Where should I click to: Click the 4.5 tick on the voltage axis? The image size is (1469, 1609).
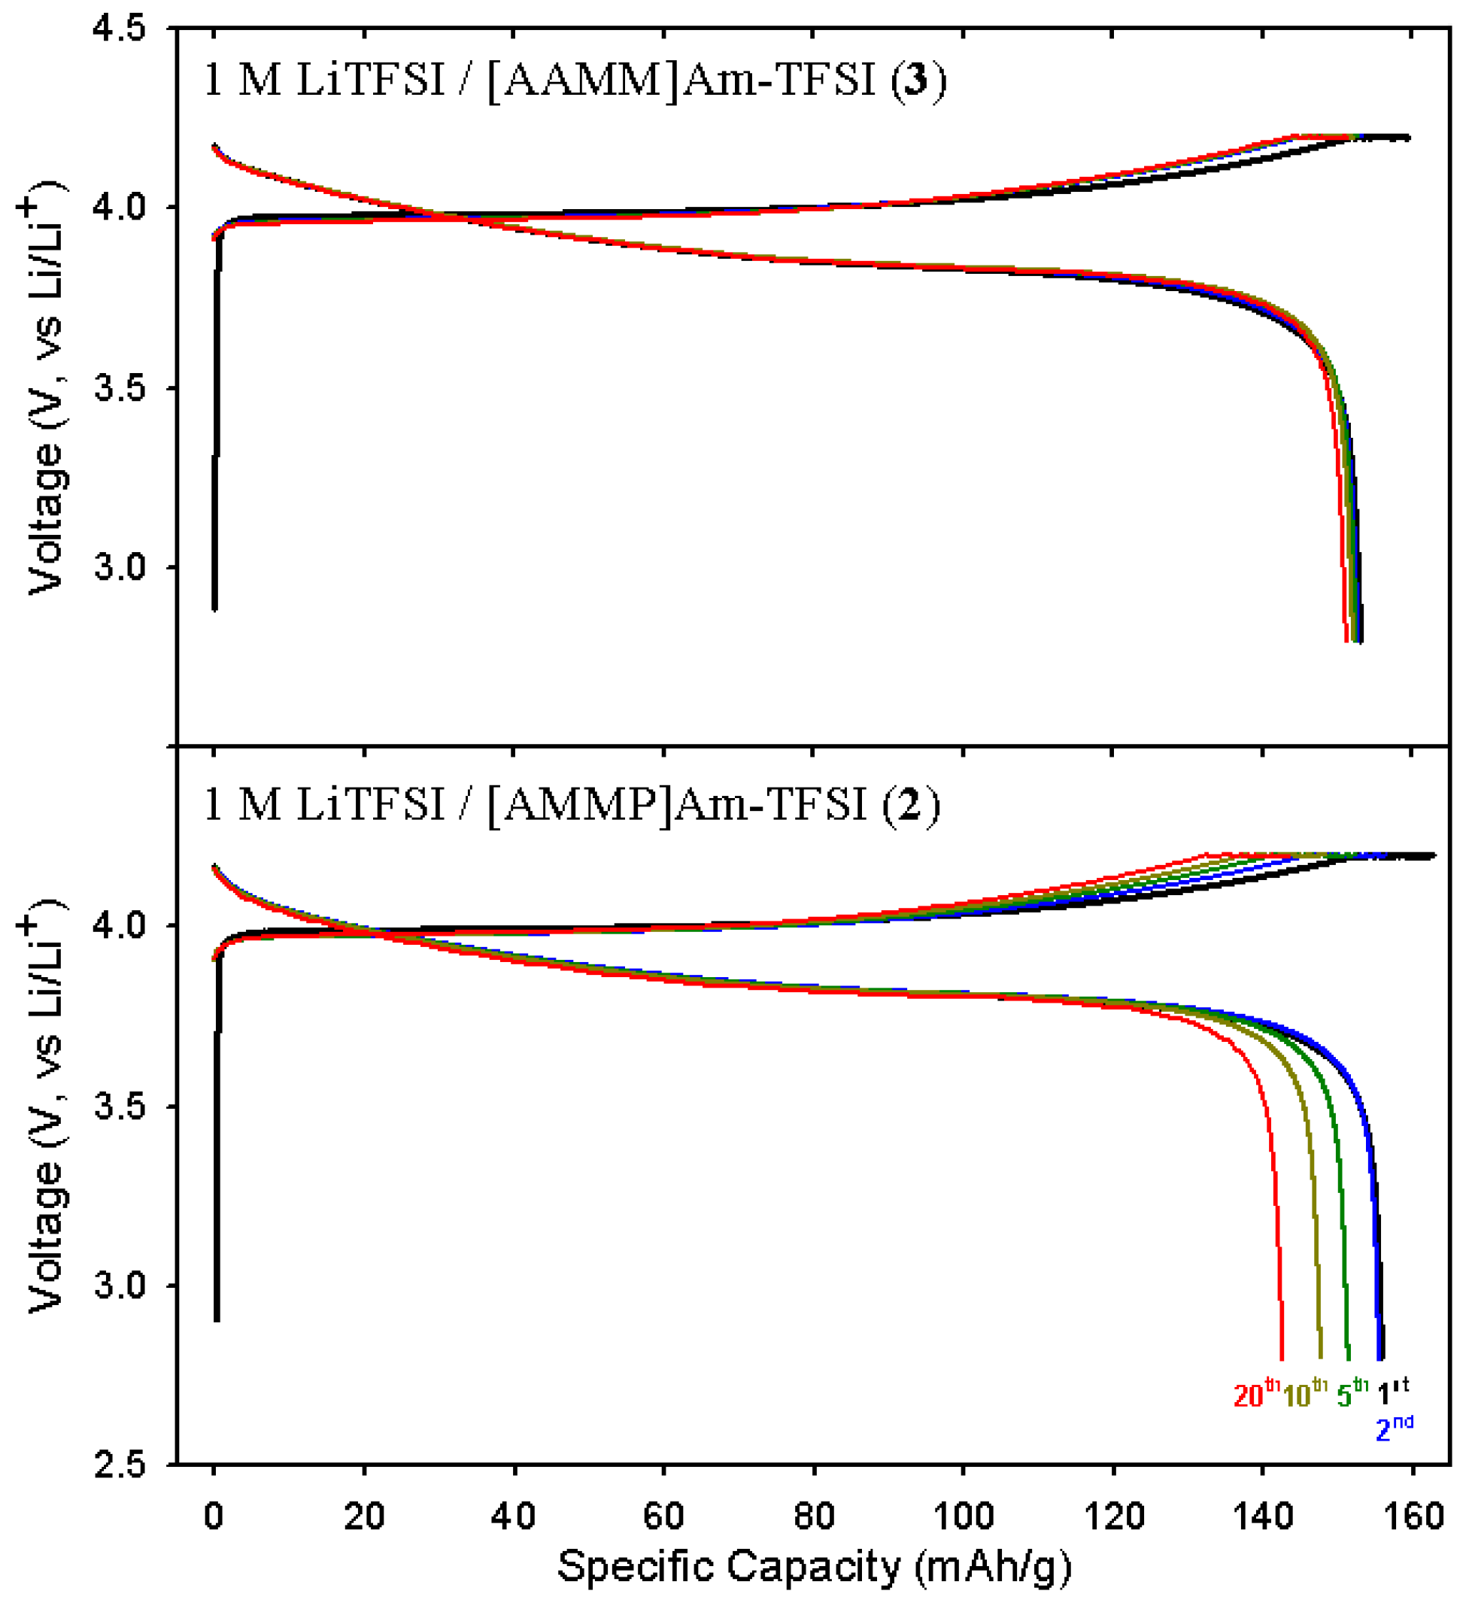(x=120, y=29)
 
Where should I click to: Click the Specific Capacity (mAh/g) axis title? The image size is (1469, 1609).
(x=813, y=1566)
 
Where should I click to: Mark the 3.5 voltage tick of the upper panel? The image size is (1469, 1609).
(x=120, y=389)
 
